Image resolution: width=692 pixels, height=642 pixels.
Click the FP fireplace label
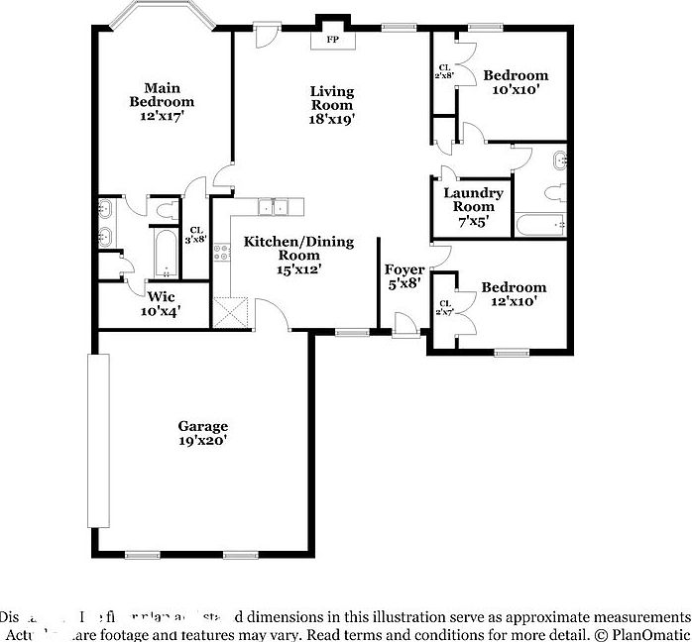pos(330,42)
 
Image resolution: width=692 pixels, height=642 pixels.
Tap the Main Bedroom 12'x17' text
pos(162,101)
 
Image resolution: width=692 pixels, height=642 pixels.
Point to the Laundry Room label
pos(473,207)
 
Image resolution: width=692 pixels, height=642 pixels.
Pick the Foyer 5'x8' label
pos(404,276)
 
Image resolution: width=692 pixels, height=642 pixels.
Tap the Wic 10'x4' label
pos(162,303)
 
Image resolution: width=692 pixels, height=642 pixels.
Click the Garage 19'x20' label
pos(202,434)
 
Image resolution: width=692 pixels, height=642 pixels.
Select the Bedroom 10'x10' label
pos(515,82)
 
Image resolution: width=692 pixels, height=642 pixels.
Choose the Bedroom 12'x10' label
pos(514,294)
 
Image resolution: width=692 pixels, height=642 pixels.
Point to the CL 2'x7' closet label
pos(445,308)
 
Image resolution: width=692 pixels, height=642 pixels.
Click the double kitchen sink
pos(273,206)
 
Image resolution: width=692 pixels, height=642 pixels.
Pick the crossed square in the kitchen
pos(231,312)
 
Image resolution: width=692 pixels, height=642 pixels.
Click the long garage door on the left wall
pos(97,441)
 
